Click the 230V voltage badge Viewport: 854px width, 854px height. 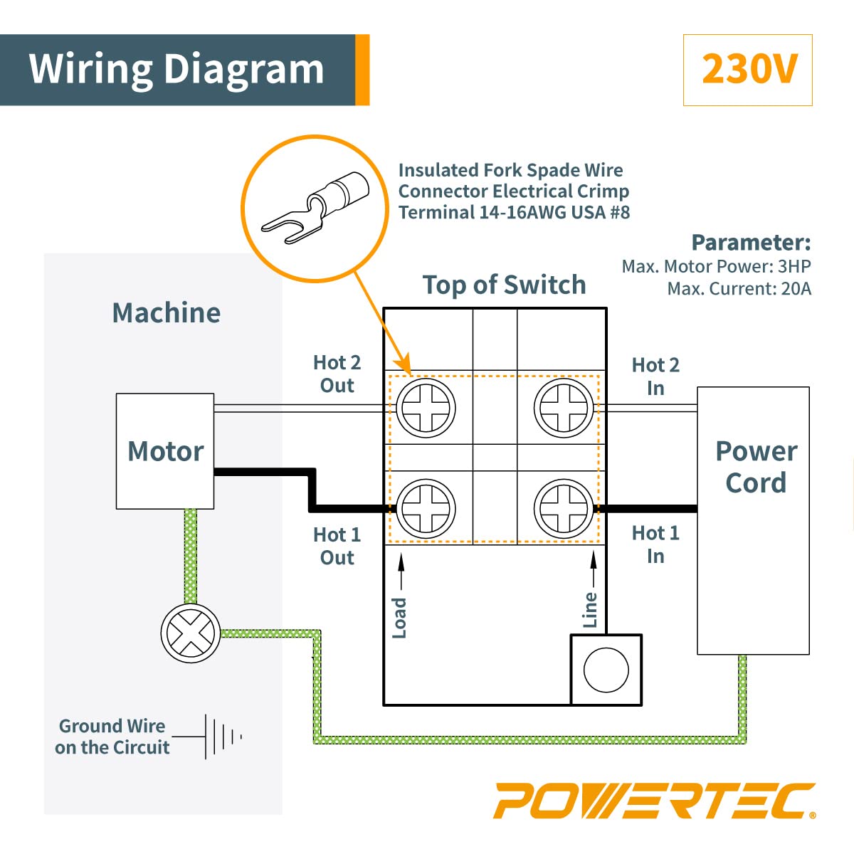[x=747, y=70]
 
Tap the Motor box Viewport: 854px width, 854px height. [x=165, y=451]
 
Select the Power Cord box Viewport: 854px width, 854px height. [x=754, y=520]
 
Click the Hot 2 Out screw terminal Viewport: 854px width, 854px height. [x=425, y=408]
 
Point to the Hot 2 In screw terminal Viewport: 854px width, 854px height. [x=563, y=408]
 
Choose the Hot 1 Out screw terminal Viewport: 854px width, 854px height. [x=425, y=508]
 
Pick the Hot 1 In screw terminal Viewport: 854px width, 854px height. [x=563, y=508]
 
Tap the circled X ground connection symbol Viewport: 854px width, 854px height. [x=190, y=633]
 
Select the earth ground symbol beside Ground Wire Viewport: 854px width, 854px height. [x=222, y=737]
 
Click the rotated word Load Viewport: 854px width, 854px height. [x=400, y=617]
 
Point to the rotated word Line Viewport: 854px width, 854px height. [x=590, y=609]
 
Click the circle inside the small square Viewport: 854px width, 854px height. [x=606, y=670]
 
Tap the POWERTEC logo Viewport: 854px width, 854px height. [x=654, y=801]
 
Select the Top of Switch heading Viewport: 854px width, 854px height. [x=504, y=285]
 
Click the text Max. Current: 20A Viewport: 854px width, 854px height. [x=739, y=289]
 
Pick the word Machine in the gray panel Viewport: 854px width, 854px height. [x=167, y=313]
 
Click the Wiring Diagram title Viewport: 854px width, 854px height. [x=176, y=70]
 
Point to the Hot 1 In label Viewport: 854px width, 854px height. [x=655, y=544]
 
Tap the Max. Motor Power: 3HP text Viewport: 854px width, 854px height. [x=716, y=266]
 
